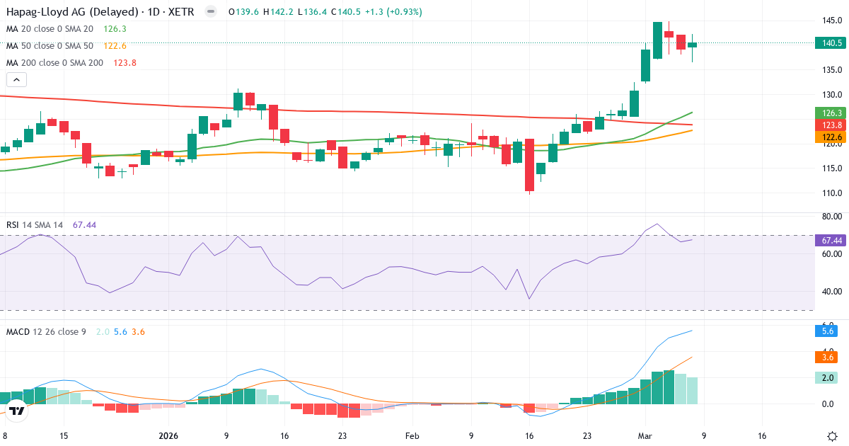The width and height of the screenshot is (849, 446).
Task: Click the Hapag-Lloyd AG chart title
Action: [x=99, y=12]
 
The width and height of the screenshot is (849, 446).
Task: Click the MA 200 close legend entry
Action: [x=54, y=63]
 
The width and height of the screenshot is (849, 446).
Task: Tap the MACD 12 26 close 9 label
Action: [x=46, y=331]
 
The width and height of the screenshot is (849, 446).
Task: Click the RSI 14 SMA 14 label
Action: [x=35, y=225]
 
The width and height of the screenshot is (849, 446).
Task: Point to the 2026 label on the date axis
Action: [x=168, y=436]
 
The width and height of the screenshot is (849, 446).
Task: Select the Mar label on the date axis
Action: [x=644, y=436]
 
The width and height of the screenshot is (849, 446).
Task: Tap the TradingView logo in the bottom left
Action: [x=18, y=410]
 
